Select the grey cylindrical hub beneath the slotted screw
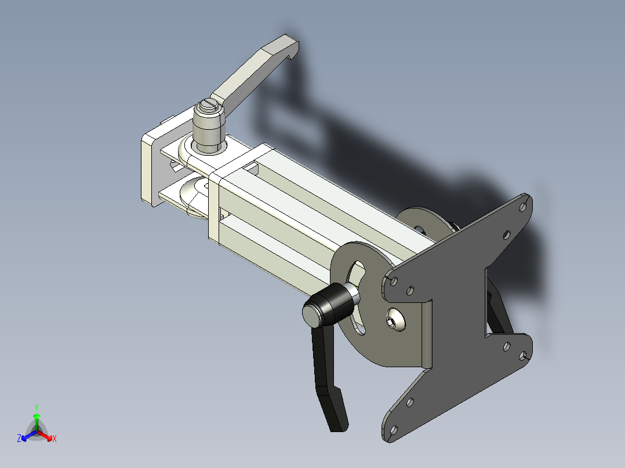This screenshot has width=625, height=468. coord(208,131)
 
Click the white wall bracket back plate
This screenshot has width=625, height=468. coord(150,168)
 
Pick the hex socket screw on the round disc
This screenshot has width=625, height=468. coord(395,321)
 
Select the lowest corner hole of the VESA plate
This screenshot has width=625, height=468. coord(393,429)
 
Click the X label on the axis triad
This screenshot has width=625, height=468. coord(54,439)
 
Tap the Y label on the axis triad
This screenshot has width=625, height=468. coord(36,407)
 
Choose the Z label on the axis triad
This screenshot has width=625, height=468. coord(19,439)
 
